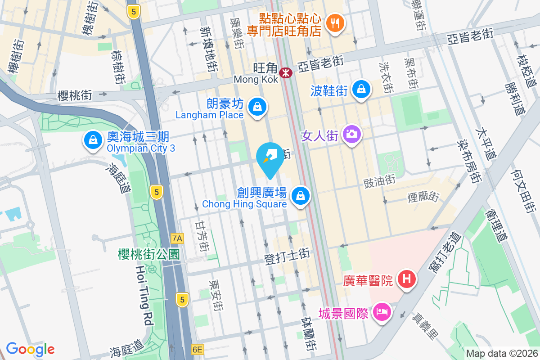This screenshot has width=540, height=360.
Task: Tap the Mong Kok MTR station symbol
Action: [285, 72]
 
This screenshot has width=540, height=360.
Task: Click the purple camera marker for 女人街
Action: [352, 133]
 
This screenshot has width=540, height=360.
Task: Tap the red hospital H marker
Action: [407, 279]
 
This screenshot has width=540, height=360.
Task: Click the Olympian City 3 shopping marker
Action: [92, 139]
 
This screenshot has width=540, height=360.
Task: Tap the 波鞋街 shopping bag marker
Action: [361, 89]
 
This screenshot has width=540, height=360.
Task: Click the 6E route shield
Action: [197, 350]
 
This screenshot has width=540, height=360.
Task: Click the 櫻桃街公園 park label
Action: [149, 255]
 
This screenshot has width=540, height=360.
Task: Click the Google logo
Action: [30, 349]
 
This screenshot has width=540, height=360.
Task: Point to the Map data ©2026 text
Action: [502, 353]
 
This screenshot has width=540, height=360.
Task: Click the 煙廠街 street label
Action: [423, 196]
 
